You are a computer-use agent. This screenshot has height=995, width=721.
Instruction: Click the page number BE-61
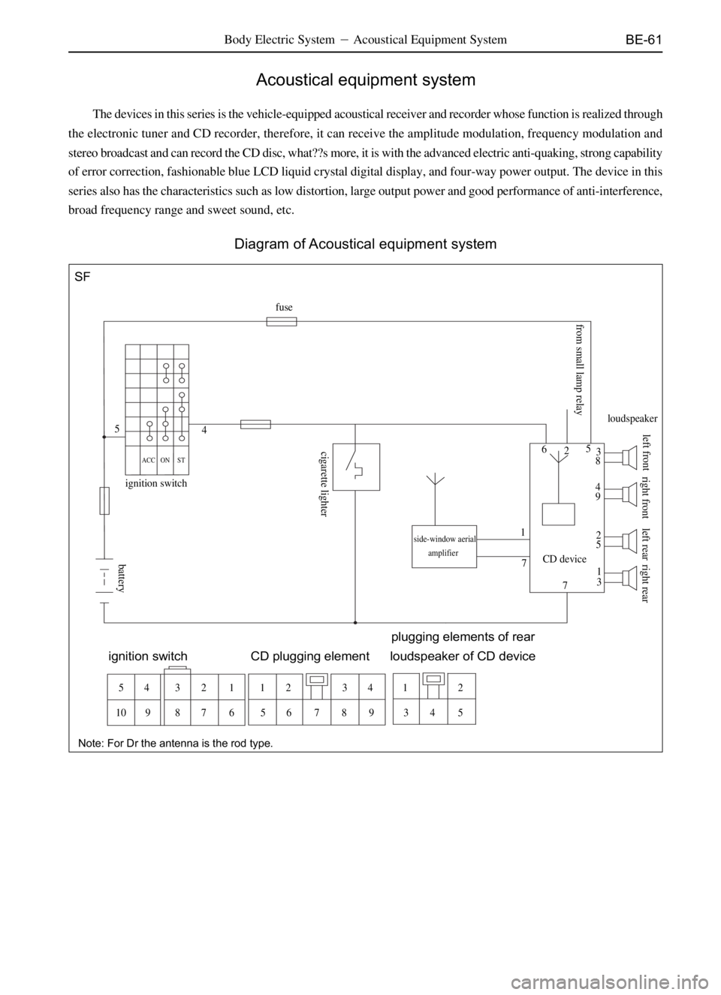click(x=644, y=40)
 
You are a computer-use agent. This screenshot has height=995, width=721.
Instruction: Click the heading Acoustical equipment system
click(x=366, y=80)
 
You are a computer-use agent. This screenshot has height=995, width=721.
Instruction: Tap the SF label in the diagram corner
click(x=82, y=277)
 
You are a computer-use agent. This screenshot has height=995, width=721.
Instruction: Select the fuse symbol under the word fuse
click(x=282, y=321)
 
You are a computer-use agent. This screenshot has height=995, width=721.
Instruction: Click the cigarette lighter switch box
click(x=356, y=467)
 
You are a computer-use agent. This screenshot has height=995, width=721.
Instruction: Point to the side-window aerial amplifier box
click(x=444, y=546)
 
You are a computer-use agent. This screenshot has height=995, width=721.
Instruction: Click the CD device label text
click(x=565, y=559)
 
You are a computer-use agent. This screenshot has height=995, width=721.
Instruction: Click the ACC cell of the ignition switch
click(x=149, y=460)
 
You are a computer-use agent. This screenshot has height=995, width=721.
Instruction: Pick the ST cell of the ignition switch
click(x=181, y=460)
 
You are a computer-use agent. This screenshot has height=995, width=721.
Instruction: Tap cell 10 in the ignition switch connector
click(x=121, y=713)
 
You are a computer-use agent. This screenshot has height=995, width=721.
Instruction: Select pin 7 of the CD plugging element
click(x=316, y=713)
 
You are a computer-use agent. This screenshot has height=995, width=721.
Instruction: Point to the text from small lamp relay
click(x=578, y=370)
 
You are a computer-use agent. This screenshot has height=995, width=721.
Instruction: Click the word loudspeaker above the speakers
click(x=632, y=419)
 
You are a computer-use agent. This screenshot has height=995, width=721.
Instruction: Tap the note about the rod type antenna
click(x=176, y=743)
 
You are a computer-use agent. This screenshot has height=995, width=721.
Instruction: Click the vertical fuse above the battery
click(x=104, y=501)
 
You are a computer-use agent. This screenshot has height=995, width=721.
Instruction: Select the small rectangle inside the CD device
click(x=558, y=514)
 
